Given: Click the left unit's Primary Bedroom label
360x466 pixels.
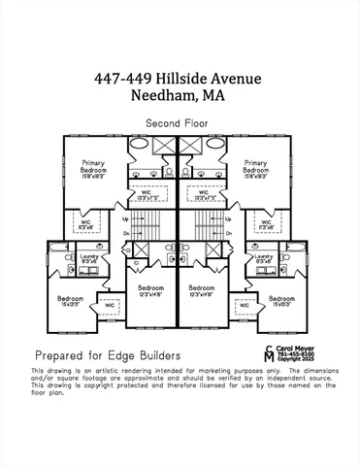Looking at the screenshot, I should click(101, 170).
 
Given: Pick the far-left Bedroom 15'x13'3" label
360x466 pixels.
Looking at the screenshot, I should click(70, 301).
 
